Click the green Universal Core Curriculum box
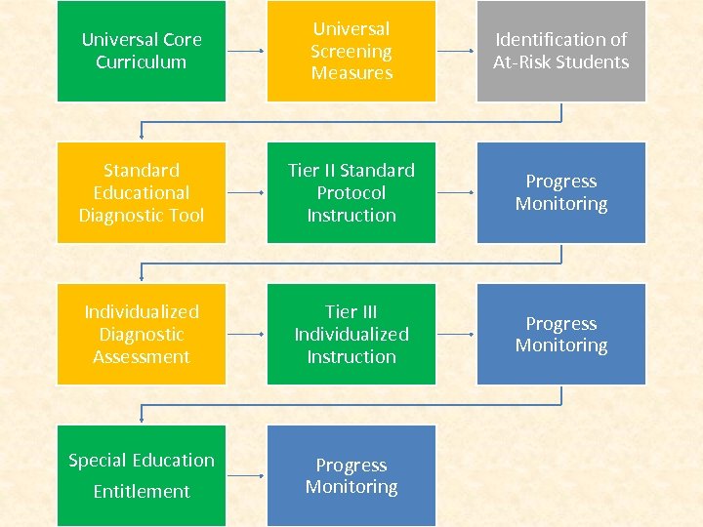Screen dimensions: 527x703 (x=142, y=51)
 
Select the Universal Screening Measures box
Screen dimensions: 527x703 (x=351, y=51)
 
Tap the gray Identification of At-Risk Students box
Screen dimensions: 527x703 (x=561, y=51)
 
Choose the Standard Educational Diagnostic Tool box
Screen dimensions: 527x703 (x=142, y=192)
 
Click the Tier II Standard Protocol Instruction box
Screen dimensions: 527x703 (x=351, y=192)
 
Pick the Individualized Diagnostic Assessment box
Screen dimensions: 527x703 (x=142, y=334)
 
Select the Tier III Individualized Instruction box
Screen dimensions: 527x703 (x=351, y=334)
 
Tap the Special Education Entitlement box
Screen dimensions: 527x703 (x=142, y=475)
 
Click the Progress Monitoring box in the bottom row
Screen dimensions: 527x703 (x=351, y=475)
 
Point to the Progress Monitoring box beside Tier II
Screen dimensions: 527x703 (x=561, y=192)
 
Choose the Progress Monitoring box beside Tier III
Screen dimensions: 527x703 (x=561, y=334)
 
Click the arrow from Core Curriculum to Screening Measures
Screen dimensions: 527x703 (x=246, y=51)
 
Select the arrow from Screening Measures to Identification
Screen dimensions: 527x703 (x=456, y=51)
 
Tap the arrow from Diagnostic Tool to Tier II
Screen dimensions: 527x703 (x=246, y=192)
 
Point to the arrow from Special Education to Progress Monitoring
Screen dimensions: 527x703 (x=246, y=475)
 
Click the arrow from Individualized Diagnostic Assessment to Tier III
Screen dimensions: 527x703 (x=246, y=334)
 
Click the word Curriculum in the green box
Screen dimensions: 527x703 (x=142, y=62)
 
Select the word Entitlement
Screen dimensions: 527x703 (x=142, y=491)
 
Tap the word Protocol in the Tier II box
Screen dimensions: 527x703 (x=351, y=192)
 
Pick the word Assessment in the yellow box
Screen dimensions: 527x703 (x=142, y=356)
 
